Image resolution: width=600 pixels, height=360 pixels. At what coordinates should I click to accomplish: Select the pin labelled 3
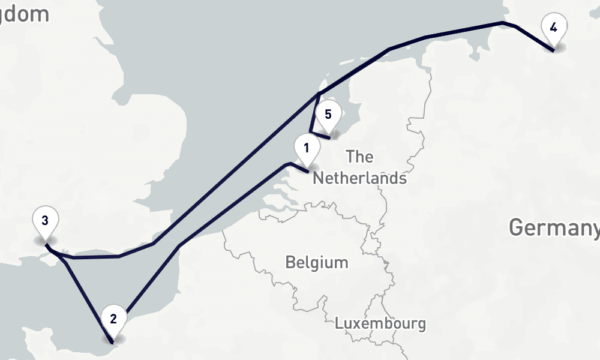coord(45,221)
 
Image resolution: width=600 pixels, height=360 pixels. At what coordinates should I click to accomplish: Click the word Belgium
coord(317,263)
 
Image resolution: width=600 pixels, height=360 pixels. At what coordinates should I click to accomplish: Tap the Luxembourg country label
coord(380,324)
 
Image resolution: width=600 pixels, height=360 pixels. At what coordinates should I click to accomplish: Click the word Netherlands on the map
coord(359,178)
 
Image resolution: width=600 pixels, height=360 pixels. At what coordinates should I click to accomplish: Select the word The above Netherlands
coord(360,157)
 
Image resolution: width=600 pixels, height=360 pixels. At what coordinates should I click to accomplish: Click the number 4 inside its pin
coord(553,27)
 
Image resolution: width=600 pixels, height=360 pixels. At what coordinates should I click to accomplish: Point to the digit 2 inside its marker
coord(113,318)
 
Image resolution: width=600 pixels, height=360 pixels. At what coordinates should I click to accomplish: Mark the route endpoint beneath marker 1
coord(309,172)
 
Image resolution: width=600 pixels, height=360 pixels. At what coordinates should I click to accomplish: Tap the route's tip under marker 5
coord(329,139)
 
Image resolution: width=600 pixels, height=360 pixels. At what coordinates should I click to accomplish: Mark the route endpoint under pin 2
coord(113,343)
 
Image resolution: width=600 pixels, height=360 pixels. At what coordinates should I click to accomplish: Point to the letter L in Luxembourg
coord(338,324)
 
